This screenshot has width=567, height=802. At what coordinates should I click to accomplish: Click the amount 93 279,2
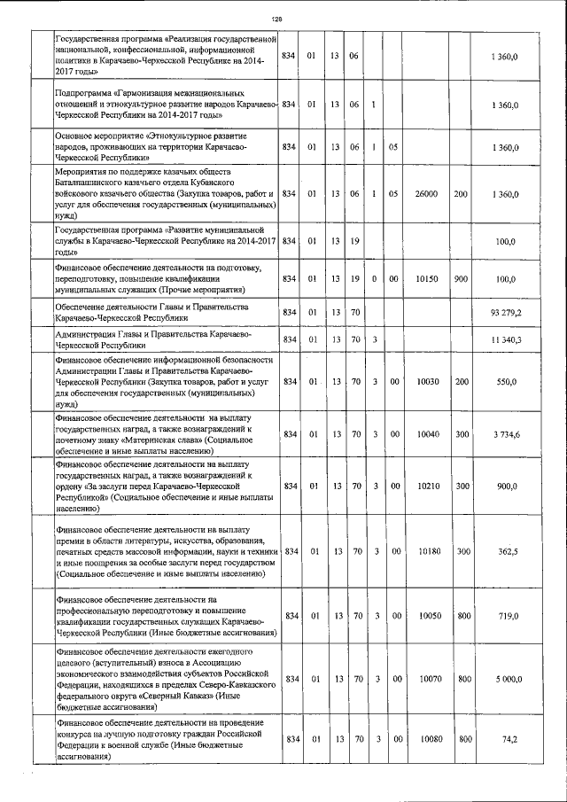[x=506, y=312]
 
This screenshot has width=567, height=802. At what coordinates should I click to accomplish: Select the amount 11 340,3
[x=506, y=339]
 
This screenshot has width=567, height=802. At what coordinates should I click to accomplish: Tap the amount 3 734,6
[x=506, y=433]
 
